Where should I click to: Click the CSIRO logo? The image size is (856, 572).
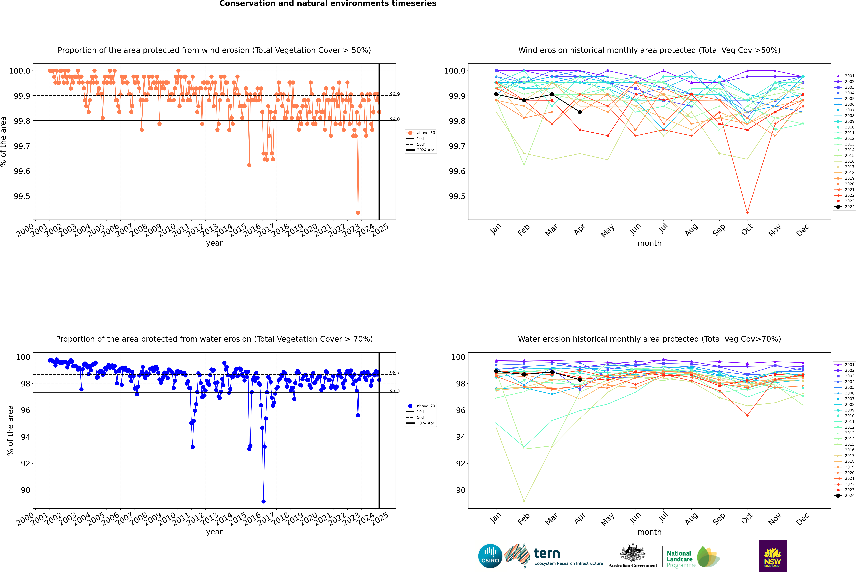pyautogui.click(x=490, y=556)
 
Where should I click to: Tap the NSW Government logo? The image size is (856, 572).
pyautogui.click(x=772, y=556)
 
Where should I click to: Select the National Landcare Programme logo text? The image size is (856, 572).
pyautogui.click(x=679, y=559)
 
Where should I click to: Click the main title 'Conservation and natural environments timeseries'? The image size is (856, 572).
pyautogui.click(x=328, y=4)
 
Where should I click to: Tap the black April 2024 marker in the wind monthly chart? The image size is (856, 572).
pyautogui.click(x=580, y=112)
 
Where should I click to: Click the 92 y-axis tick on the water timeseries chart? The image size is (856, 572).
pyautogui.click(x=26, y=464)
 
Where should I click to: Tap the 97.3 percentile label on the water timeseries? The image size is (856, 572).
pyautogui.click(x=394, y=391)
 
